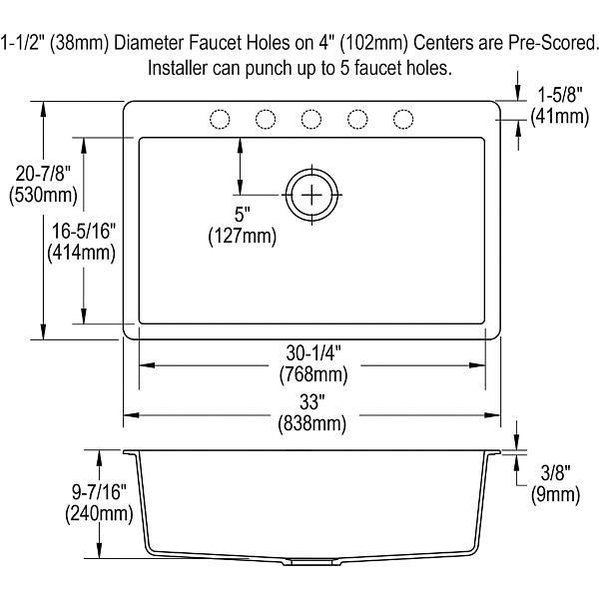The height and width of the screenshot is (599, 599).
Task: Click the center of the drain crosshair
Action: (x=311, y=195)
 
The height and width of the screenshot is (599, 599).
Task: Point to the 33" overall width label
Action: (x=312, y=402)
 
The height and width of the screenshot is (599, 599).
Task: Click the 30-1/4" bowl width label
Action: (x=313, y=353)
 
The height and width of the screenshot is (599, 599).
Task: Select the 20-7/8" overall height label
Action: (x=43, y=174)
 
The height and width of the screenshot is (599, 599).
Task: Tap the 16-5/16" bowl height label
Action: (x=83, y=232)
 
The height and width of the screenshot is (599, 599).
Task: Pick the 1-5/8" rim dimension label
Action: (x=560, y=95)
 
